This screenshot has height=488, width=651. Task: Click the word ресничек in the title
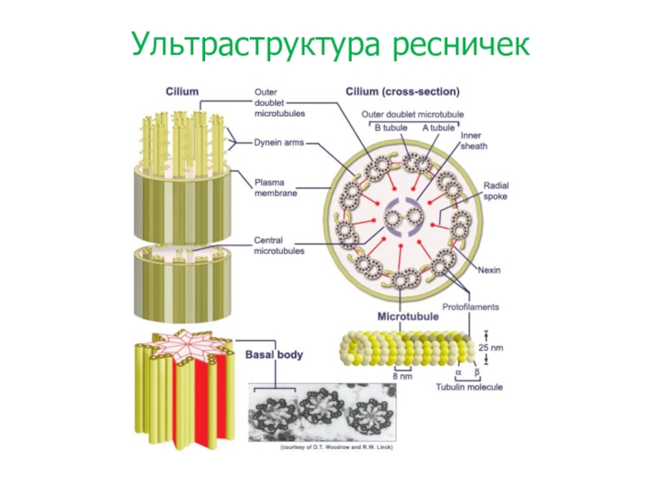tap(460, 45)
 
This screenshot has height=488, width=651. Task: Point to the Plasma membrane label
tap(276, 188)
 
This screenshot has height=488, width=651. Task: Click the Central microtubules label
tap(279, 246)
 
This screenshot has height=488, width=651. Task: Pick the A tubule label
tap(438, 128)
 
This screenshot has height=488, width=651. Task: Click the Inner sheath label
tap(475, 142)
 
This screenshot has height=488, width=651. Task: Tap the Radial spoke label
tap(496, 190)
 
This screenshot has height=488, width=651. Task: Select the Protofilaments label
tap(470, 307)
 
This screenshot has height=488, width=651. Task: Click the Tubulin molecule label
tap(466, 387)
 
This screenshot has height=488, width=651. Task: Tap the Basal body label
tap(274, 355)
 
